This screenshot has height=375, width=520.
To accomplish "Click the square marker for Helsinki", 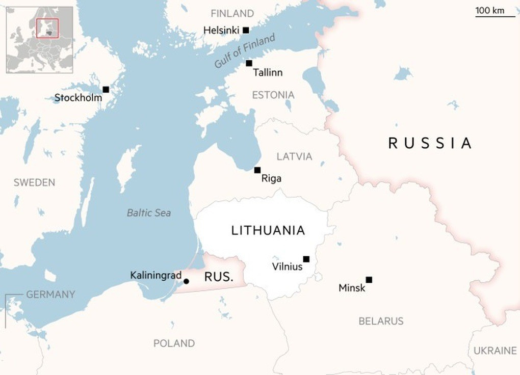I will pos(246,30).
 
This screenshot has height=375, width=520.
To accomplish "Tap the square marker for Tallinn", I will pos(249,63).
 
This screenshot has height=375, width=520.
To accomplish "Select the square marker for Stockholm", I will pos(106,90).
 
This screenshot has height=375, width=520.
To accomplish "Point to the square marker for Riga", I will pos(257,170).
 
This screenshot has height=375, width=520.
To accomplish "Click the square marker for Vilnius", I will pos(306,259).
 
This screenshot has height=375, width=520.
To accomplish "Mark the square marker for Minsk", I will pos(369,280).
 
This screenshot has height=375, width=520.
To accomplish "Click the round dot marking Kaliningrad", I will pos(186,281).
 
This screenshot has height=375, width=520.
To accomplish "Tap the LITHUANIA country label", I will pos(268,230).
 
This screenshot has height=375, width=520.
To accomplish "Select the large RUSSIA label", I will pos(430,143).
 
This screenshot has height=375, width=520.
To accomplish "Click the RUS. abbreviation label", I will pos(219,277).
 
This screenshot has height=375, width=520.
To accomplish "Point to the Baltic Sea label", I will pos(149,213).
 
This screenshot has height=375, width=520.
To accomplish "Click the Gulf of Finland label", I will pos(245,51).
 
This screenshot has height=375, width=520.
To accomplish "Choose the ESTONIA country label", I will pos(273,95).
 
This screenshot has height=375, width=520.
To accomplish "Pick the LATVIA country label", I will pos(294,156).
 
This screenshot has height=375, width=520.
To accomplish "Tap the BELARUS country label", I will pos(381,321).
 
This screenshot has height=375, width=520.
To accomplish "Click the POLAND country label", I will pos(174,343).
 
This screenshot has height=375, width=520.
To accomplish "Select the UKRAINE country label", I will pos(495,351).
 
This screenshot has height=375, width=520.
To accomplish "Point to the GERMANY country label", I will pos(50,294).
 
